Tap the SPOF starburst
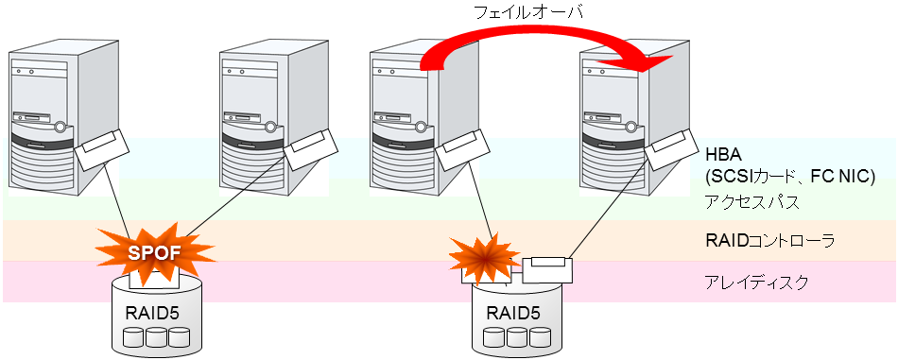tap(154, 252)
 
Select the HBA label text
tap(724, 156)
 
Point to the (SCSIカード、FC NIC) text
tap(790, 176)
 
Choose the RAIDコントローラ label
tap(770, 242)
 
